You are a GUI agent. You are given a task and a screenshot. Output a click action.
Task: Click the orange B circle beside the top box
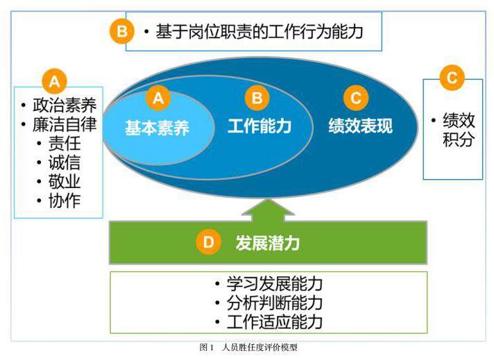tap(122, 31)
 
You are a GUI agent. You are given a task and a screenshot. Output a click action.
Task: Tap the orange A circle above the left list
tap(55, 82)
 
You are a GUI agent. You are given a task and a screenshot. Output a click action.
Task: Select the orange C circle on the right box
tap(452, 78)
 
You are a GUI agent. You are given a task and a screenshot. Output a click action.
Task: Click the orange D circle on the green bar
tap(209, 242)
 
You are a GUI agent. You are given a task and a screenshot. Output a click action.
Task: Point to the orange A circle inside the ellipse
tap(158, 98)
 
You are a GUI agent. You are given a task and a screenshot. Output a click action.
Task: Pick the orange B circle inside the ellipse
tap(257, 98)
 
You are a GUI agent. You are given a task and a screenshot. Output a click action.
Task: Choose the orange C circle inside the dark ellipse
tap(356, 98)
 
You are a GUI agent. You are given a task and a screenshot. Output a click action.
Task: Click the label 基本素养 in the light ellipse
tap(157, 128)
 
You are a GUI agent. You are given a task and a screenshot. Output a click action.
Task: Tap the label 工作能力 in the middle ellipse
tap(259, 126)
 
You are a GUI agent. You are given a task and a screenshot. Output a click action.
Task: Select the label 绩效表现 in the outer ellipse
tap(360, 126)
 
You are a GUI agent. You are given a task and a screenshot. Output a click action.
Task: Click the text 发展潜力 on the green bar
tap(268, 243)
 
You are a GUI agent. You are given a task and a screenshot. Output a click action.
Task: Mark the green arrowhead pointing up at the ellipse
tap(268, 207)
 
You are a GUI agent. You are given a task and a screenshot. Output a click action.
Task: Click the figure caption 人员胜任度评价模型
tap(259, 348)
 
